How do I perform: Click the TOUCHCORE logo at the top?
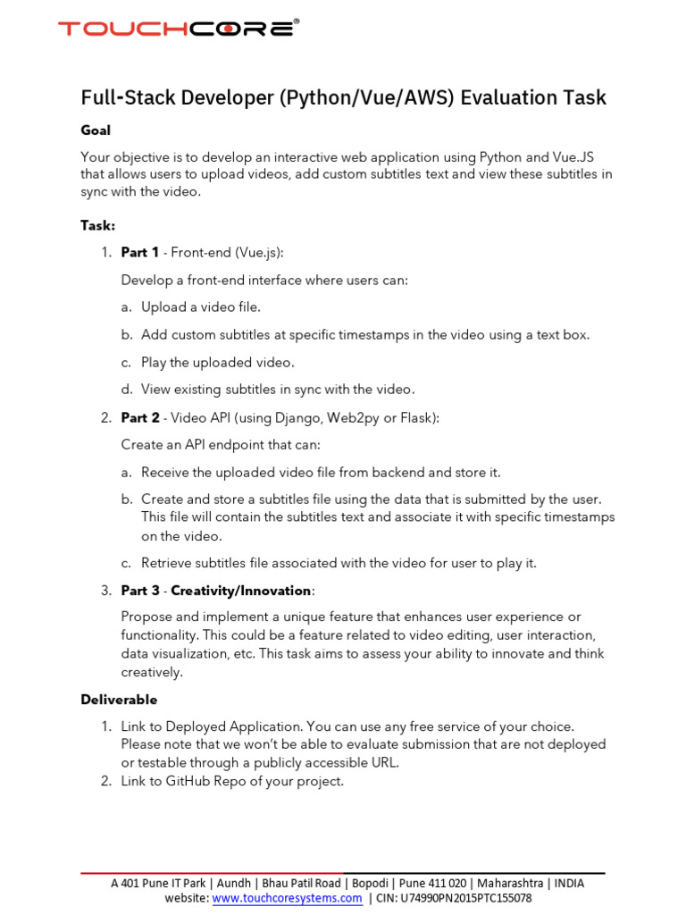coord(179,29)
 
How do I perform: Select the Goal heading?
coord(96,130)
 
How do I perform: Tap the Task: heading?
coord(98,226)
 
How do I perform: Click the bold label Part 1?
coord(140,253)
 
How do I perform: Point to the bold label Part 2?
coord(140,417)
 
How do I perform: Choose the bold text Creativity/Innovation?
coord(241,591)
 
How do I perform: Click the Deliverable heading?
coord(119,700)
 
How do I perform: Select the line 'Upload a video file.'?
coord(201,307)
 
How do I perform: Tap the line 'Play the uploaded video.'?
coord(217,363)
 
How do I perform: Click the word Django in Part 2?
coord(274,417)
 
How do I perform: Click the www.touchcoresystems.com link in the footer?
coord(287,898)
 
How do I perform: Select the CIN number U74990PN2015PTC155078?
coord(467,898)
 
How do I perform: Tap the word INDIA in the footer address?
coord(569,883)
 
